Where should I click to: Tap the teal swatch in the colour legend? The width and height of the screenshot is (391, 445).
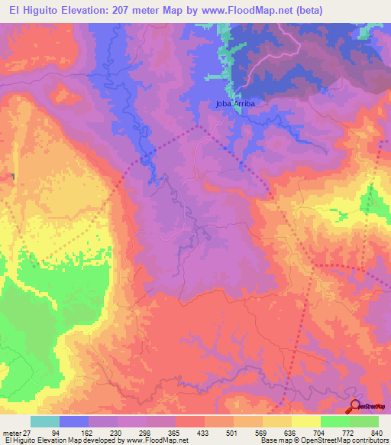(x=45, y=421)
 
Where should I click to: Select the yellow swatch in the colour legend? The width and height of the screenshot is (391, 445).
(x=305, y=421)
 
